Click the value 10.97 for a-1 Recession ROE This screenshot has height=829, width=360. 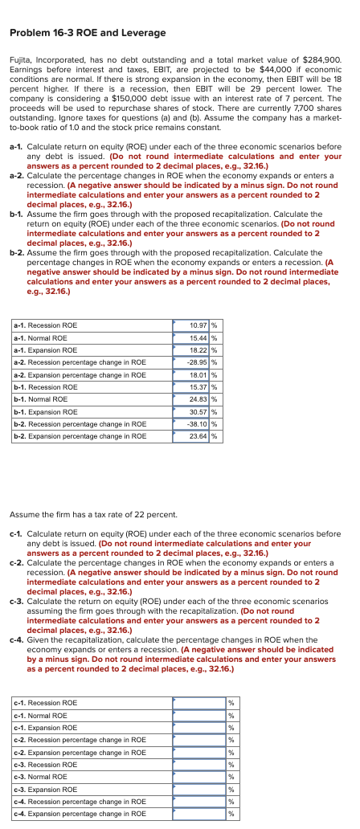(x=198, y=325)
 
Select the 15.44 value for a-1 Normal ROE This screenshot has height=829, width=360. (x=198, y=337)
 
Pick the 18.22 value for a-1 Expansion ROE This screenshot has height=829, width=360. (x=198, y=350)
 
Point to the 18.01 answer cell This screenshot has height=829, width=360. (x=198, y=374)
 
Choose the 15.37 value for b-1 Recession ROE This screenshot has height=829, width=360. (x=198, y=386)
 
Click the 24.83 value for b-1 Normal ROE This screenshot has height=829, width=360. (x=198, y=398)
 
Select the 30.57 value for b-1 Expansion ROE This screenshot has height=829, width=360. (x=198, y=411)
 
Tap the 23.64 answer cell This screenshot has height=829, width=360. (x=198, y=435)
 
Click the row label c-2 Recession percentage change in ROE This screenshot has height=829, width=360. (x=80, y=740)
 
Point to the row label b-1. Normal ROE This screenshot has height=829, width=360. (x=41, y=398)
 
